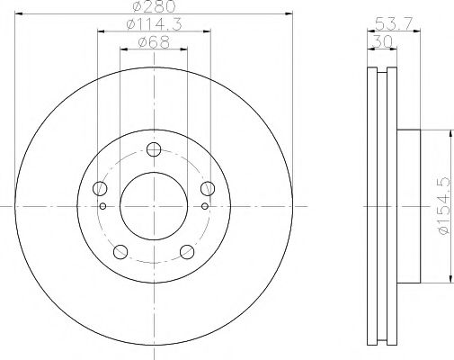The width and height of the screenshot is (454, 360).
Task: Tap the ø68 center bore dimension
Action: coord(153,42)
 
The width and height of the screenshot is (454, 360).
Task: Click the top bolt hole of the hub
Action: coord(154,150)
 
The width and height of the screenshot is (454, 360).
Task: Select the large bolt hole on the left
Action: coord(100,189)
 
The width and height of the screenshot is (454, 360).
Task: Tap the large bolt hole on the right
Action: coord(208,189)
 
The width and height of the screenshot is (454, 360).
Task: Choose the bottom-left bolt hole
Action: coord(120,252)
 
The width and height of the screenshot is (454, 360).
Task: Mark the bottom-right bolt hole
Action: coord(187,252)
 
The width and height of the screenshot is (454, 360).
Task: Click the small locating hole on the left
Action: coord(103,206)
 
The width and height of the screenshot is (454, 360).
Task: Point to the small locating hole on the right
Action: coord(204,206)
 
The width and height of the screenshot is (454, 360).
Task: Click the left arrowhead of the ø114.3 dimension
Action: coord(100,31)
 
